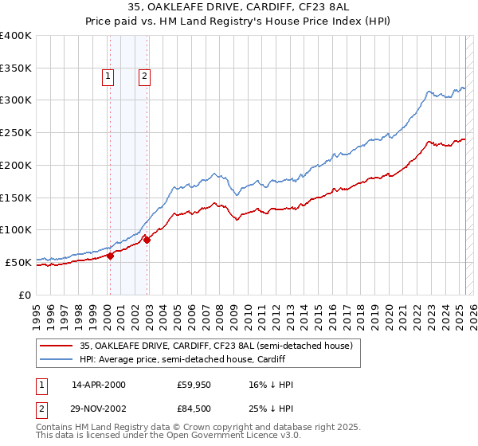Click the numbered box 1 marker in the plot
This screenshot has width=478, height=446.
(108, 76)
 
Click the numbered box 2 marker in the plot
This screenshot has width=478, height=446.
(144, 76)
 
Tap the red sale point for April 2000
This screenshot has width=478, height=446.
(110, 256)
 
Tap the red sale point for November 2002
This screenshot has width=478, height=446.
(147, 240)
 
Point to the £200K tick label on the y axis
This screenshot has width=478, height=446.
(16, 165)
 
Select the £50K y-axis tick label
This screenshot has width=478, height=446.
(19, 262)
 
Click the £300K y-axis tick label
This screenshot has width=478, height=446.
(16, 100)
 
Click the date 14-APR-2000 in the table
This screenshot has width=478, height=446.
(99, 385)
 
